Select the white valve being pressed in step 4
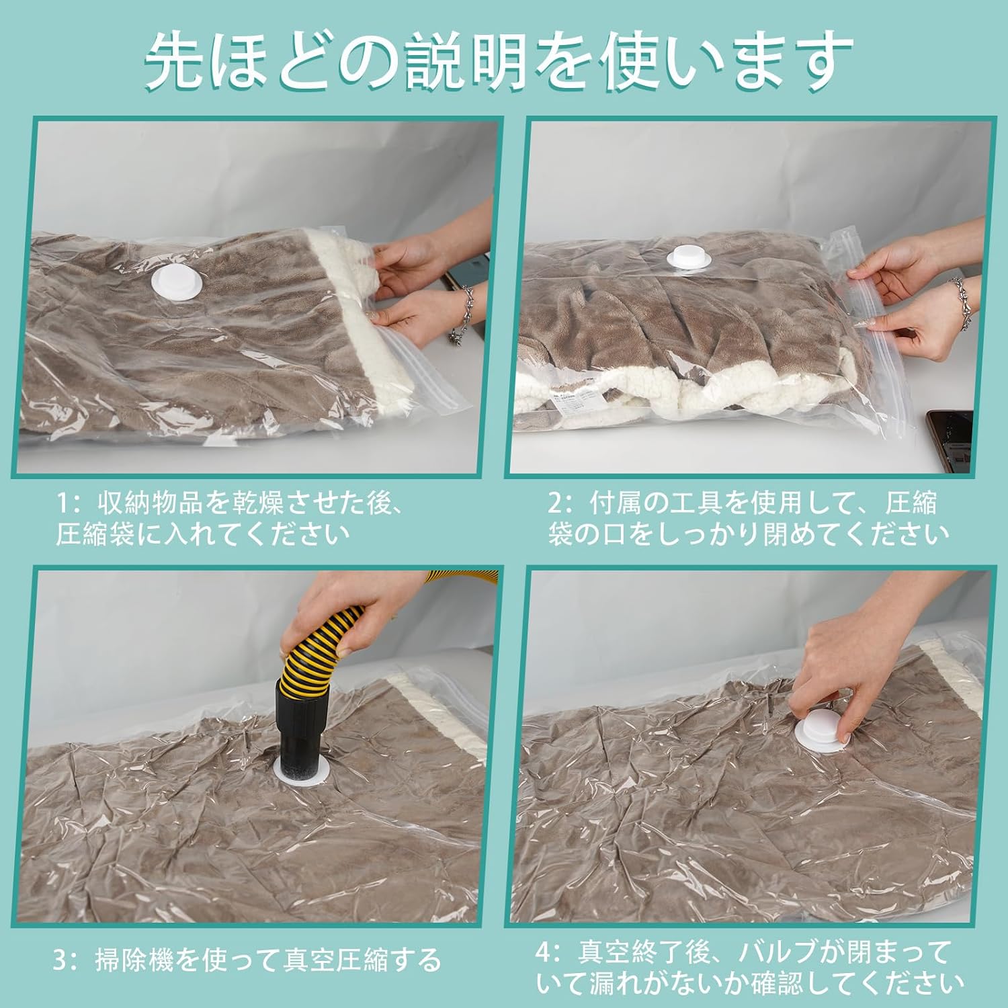[821, 732]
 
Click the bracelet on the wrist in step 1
[463, 312]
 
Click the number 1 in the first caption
[62, 503]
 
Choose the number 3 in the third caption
[61, 960]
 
